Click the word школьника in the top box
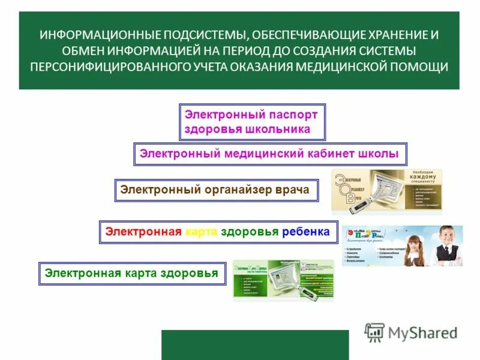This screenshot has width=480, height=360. (x=278, y=129)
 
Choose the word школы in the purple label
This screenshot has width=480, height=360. (x=379, y=154)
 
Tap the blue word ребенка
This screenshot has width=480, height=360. (x=305, y=232)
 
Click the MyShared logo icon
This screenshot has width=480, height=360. (x=374, y=332)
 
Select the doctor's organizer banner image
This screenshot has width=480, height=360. (x=386, y=191)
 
